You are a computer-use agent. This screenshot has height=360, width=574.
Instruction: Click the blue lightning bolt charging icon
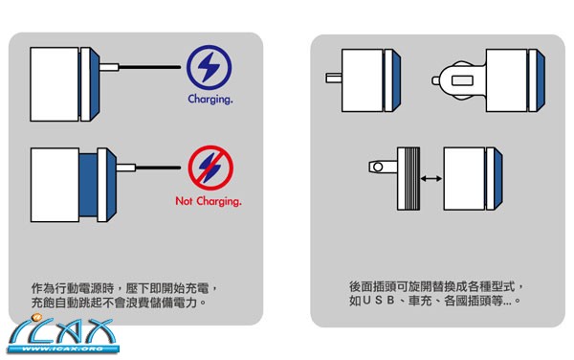click(209, 68)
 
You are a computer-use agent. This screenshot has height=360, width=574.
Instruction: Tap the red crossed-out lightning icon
click(210, 168)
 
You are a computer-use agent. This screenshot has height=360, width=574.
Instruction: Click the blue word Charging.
click(210, 100)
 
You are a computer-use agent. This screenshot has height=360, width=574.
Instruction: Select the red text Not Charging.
click(209, 201)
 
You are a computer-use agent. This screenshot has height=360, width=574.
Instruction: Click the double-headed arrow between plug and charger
click(431, 179)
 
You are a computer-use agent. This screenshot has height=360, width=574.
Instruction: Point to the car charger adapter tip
click(435, 80)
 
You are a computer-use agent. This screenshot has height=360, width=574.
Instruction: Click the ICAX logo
click(62, 333)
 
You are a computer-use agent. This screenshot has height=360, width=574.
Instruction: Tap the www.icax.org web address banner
click(62, 349)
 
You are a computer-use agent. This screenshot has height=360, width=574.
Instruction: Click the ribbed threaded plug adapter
click(408, 179)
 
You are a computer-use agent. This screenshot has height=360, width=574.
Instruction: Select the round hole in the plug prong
click(378, 168)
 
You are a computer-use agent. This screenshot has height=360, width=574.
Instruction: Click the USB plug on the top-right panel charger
click(334, 78)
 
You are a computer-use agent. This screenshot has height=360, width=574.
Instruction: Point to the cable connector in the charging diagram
click(109, 67)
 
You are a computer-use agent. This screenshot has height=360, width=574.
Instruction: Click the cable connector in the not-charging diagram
click(126, 169)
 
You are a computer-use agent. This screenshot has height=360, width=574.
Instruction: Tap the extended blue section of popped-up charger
click(88, 185)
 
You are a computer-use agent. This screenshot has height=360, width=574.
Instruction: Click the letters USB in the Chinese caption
click(379, 301)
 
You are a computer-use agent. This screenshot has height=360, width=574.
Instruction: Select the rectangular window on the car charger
click(462, 80)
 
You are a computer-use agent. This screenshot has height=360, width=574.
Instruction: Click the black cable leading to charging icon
click(150, 67)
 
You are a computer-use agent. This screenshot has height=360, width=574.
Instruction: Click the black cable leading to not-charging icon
click(158, 168)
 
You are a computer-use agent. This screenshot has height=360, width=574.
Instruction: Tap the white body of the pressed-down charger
click(55, 84)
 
